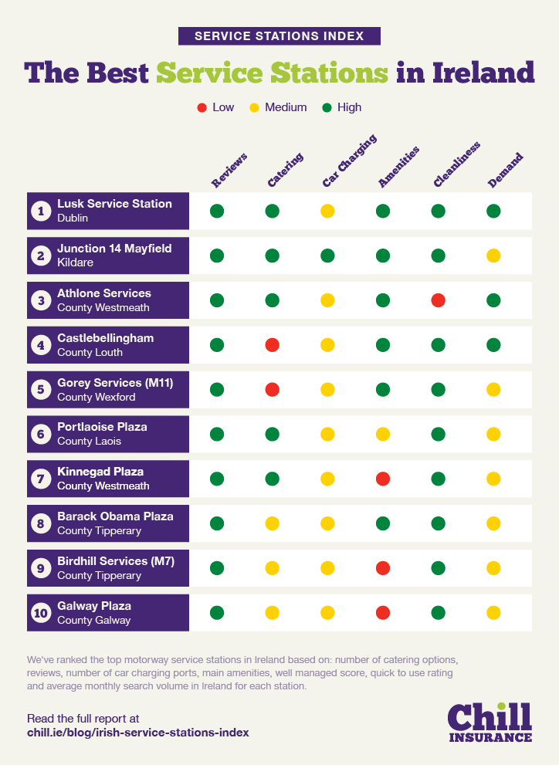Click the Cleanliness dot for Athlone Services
pos(439,300)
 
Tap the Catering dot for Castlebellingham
pos(272,345)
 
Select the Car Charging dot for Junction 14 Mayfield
pos(327,256)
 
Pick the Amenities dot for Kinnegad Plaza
pos(383,479)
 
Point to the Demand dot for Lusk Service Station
pos(494,211)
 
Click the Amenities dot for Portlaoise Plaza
pos(383,435)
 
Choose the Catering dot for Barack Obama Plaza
pos(272,524)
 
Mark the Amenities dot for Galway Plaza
pos(383,614)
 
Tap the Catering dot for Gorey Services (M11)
pos(272,390)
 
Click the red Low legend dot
pos(202,107)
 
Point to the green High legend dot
pos(327,107)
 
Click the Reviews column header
pos(229,171)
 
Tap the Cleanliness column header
pos(456,165)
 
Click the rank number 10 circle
pos(41,614)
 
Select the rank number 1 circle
pos(41,211)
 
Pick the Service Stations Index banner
pos(279,36)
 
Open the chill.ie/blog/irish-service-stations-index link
pos(138,732)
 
